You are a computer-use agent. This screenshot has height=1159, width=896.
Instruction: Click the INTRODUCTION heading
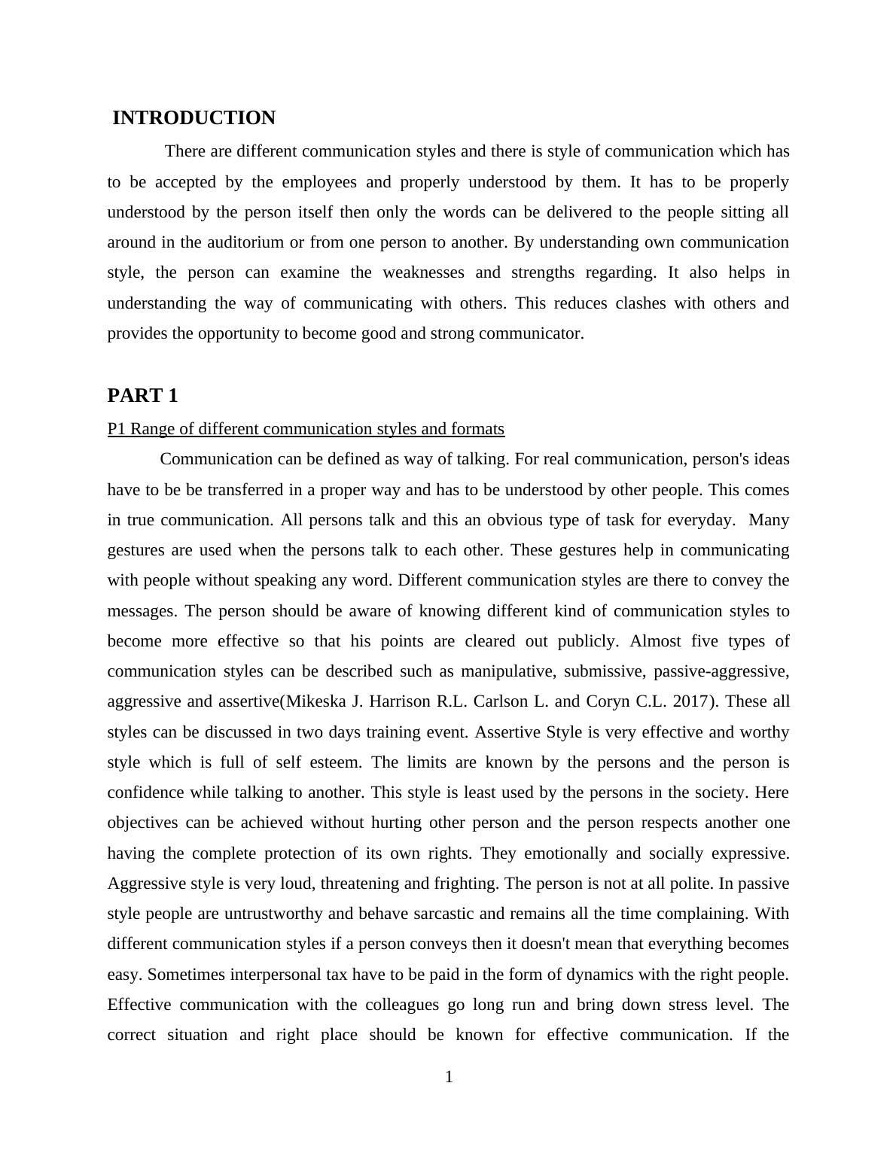tap(194, 118)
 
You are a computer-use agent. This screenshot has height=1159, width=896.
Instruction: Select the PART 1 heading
tap(142, 396)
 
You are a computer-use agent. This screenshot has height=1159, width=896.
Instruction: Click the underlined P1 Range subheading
tap(306, 429)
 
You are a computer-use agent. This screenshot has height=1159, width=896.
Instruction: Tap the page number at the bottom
tap(449, 1078)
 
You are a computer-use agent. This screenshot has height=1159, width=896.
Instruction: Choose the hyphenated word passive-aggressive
tap(721, 671)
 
